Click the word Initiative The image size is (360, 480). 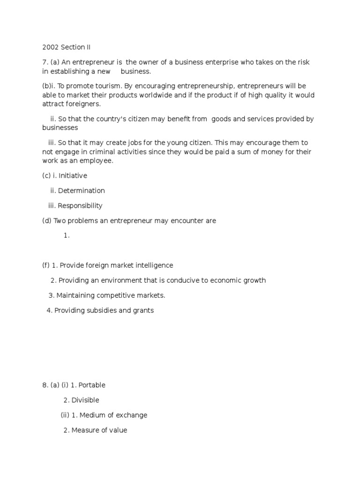73,176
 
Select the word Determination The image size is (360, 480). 82,191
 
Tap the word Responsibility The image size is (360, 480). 80,206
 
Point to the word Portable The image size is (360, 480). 92,385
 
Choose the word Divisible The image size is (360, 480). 85,400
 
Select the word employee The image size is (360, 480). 97,161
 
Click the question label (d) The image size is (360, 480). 47,221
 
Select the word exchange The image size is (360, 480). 133,415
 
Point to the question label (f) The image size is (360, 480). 46,265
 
